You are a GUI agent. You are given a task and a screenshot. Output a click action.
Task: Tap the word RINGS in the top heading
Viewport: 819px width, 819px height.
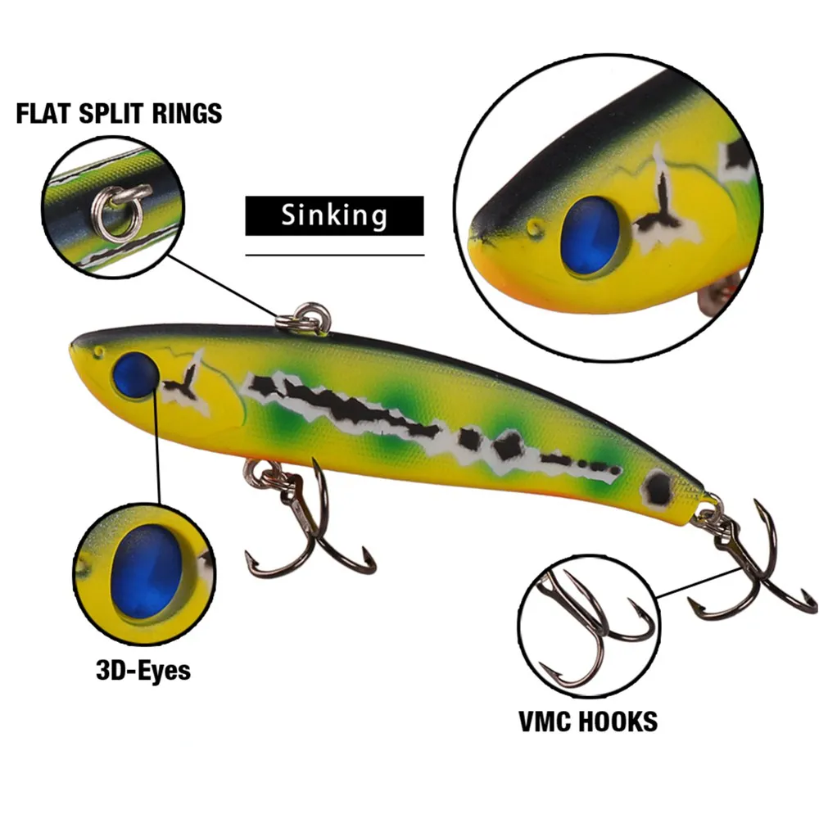pyautogui.click(x=187, y=113)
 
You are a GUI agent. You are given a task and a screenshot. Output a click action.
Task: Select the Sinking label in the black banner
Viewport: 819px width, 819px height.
pyautogui.click(x=334, y=215)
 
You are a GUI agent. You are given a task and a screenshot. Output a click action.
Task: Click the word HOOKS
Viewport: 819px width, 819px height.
pyautogui.click(x=621, y=722)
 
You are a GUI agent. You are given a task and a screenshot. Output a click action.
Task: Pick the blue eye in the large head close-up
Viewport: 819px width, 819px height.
pyautogui.click(x=590, y=238)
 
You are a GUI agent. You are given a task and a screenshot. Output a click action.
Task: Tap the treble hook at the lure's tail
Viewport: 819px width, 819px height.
pyautogui.click(x=745, y=565)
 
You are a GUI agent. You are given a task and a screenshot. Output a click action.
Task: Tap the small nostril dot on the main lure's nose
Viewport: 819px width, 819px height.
pyautogui.click(x=98, y=352)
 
